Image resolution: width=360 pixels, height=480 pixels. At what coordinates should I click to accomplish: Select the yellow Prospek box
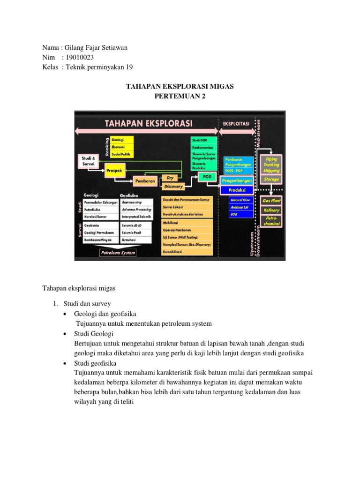click(x=114, y=171)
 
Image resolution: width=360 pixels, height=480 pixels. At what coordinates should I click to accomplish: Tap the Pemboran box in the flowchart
click(x=145, y=180)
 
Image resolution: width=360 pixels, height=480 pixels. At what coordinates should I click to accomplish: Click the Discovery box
click(x=173, y=187)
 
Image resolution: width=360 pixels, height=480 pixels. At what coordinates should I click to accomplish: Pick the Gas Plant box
click(x=271, y=200)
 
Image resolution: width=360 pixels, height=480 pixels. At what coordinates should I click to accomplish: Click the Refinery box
click(x=271, y=210)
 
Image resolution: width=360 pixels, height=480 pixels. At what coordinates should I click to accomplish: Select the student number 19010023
click(x=82, y=57)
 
